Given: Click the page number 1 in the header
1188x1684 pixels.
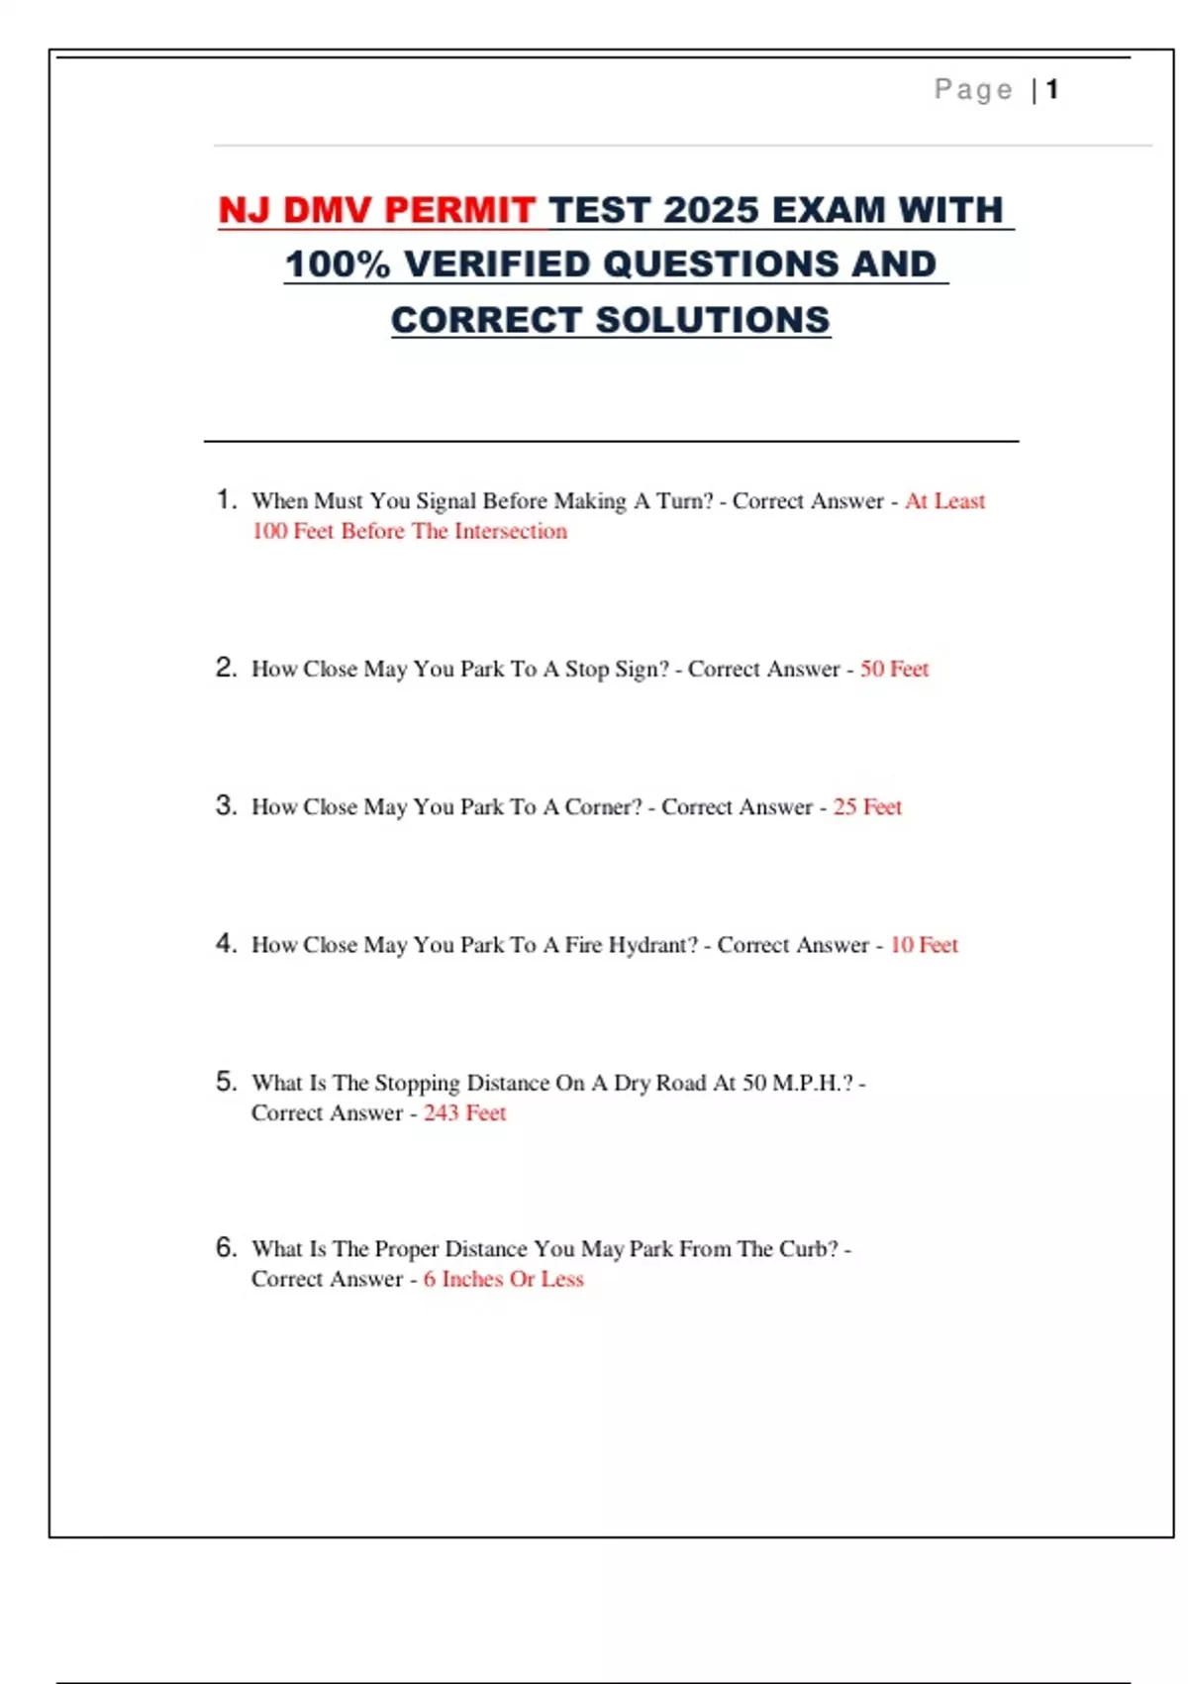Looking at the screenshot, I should (1052, 90).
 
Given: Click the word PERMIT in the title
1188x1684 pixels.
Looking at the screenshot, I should (459, 210).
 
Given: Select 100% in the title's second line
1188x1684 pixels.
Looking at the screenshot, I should (338, 264).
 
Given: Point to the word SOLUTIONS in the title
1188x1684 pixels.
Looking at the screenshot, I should (713, 320).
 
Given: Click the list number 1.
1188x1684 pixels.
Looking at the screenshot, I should (226, 499).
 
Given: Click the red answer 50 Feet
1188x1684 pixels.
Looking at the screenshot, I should (894, 670).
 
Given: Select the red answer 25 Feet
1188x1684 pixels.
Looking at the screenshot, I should (867, 807).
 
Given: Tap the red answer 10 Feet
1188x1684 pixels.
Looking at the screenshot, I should (924, 945).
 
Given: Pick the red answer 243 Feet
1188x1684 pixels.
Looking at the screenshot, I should (464, 1113).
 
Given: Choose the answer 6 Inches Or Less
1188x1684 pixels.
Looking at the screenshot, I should (503, 1280).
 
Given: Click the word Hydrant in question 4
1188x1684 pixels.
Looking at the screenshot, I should (651, 945).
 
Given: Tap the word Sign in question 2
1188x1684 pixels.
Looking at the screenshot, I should (641, 670).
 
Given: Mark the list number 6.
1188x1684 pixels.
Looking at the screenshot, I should (226, 1247).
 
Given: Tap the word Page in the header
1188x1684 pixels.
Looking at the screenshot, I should (973, 90).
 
